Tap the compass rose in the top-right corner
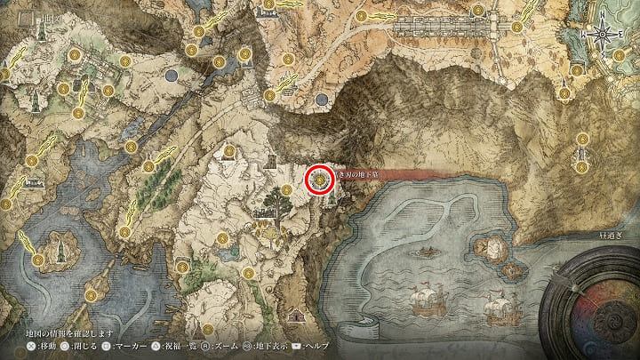[x=604, y=34]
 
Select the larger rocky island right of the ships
[x=487, y=244]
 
